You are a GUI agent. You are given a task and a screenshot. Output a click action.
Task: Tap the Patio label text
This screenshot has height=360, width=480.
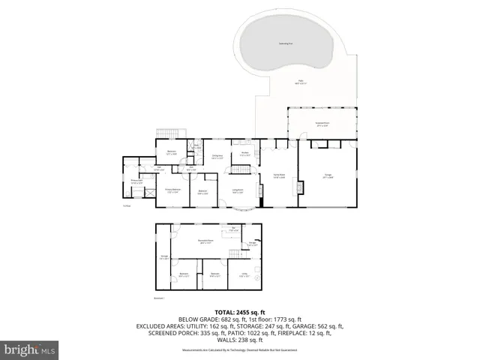point(301,82)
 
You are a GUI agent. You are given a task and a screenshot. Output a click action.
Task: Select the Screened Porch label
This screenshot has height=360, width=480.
point(323,124)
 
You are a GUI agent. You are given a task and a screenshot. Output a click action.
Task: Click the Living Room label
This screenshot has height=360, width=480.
point(238,190)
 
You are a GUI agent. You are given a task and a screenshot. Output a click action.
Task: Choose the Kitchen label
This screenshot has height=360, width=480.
point(244,153)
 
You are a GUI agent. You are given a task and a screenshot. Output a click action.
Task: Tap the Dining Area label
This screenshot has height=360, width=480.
point(218,157)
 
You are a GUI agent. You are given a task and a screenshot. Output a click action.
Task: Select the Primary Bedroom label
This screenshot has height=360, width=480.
point(173,190)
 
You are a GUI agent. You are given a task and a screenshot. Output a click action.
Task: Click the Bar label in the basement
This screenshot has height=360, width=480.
point(234,229)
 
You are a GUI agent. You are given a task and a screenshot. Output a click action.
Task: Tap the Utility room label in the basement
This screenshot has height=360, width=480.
point(243,276)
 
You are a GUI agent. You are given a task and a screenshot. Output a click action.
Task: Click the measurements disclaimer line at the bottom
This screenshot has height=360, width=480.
point(239,349)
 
